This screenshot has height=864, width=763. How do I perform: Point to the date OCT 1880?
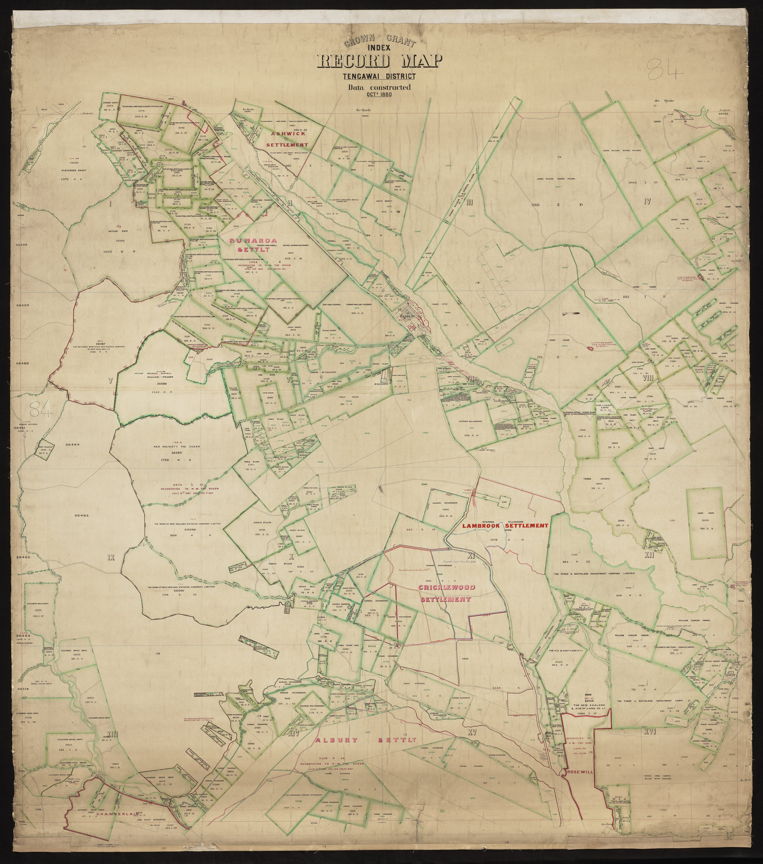[379, 94]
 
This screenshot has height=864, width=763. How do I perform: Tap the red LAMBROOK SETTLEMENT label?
[505, 526]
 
